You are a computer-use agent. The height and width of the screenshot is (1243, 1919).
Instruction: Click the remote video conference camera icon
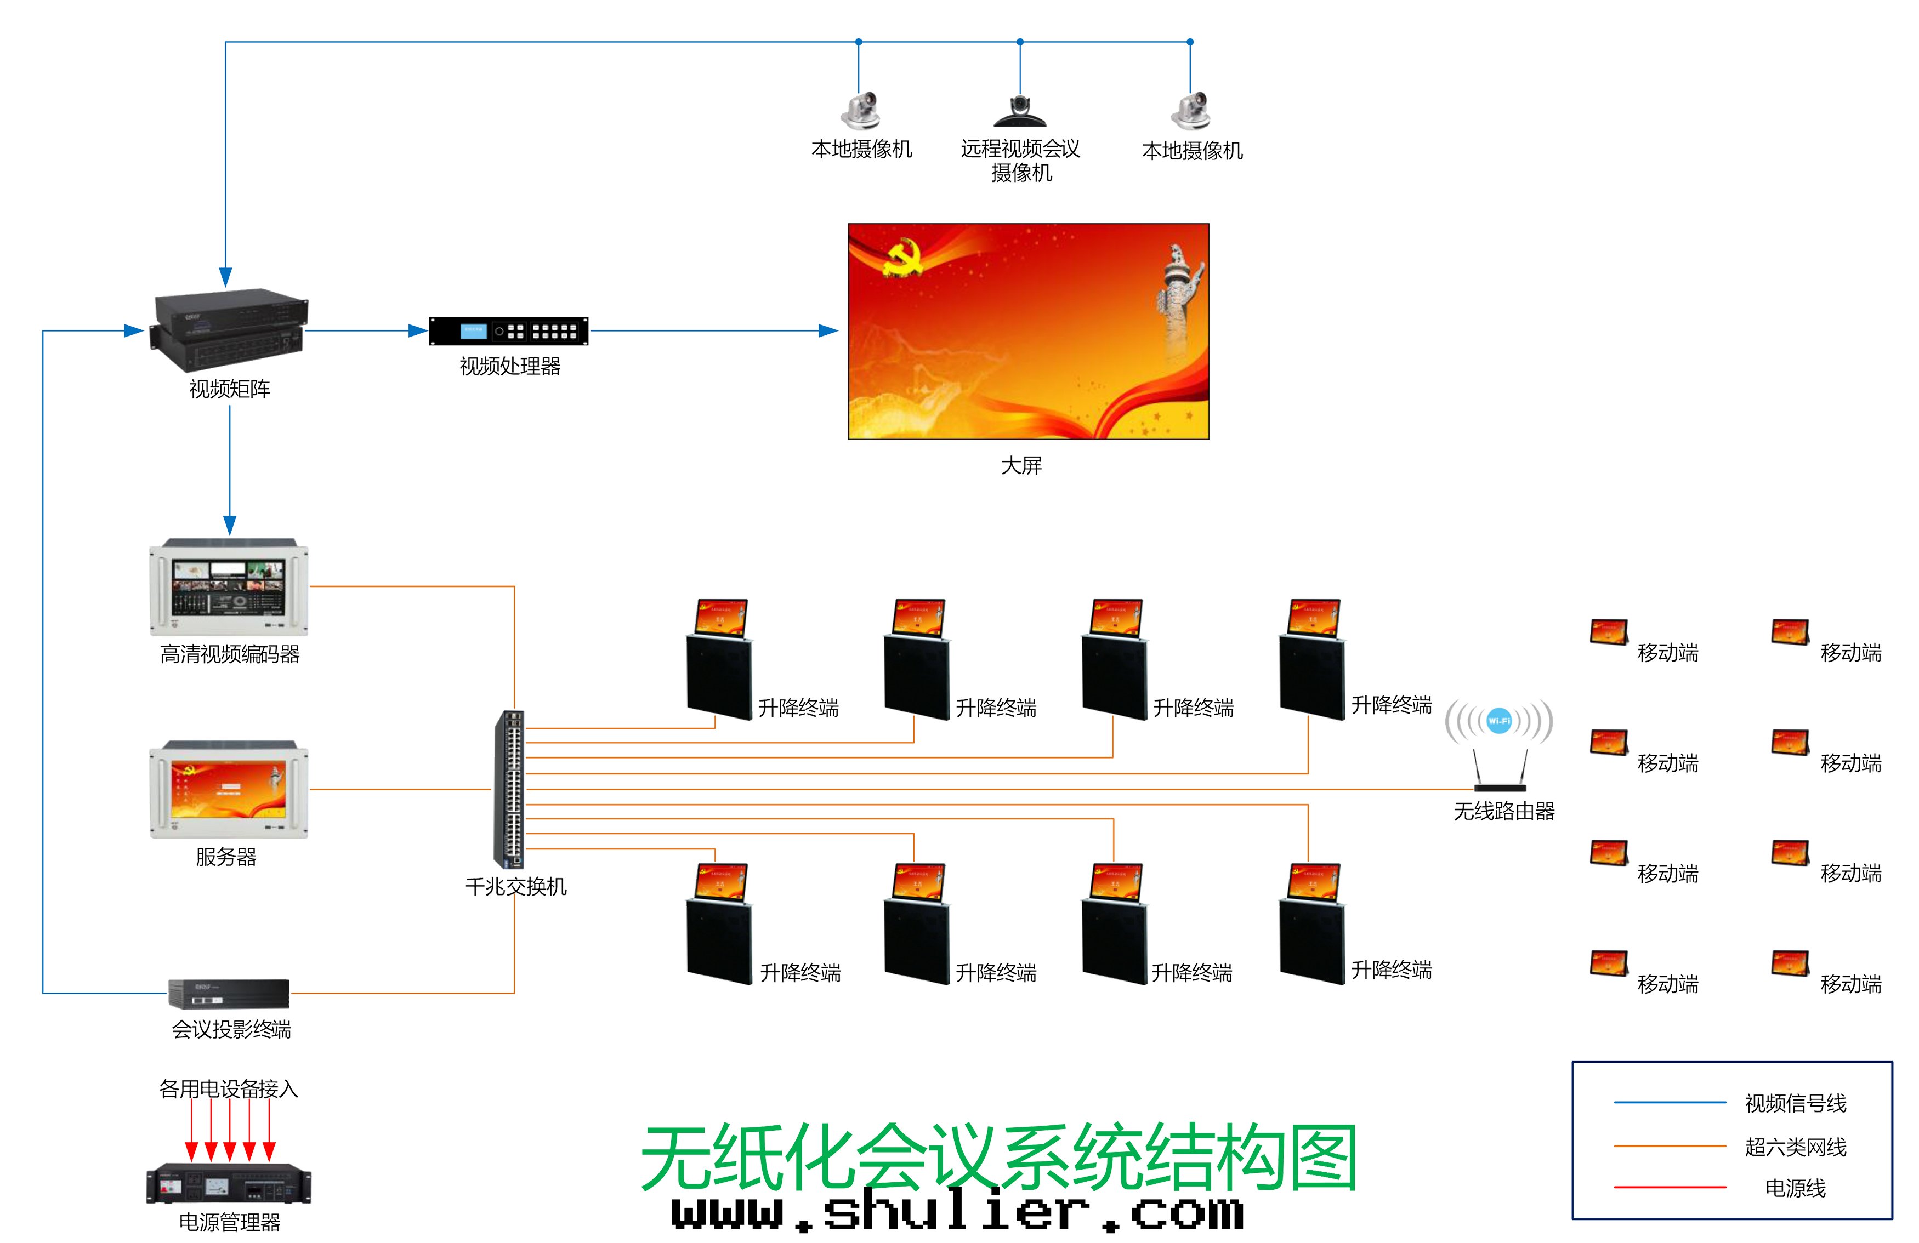point(1020,111)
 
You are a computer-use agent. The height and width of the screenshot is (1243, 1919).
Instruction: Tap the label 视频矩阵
point(230,389)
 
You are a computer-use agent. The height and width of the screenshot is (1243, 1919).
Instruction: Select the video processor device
point(509,332)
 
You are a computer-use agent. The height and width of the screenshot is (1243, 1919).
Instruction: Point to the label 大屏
point(1021,466)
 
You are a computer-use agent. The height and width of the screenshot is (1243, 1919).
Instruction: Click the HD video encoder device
point(229,587)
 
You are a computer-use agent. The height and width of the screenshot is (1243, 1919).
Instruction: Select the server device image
point(229,790)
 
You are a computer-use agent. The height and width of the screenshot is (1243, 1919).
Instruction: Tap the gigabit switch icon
point(509,789)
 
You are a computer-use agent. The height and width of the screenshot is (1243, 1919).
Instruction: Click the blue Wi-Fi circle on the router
point(1499,721)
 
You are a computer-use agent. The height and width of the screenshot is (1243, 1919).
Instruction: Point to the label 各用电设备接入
point(229,1089)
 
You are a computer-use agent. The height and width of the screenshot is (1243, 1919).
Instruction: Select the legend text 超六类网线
point(1796,1147)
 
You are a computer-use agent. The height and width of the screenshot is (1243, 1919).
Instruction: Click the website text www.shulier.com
point(958,1212)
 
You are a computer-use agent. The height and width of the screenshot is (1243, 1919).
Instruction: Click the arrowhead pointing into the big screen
point(829,330)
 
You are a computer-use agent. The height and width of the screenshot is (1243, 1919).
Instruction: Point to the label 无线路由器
point(1504,812)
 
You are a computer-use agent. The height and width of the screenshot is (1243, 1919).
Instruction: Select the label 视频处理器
point(509,367)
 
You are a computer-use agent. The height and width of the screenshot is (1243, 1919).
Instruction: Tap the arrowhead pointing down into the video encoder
point(230,526)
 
